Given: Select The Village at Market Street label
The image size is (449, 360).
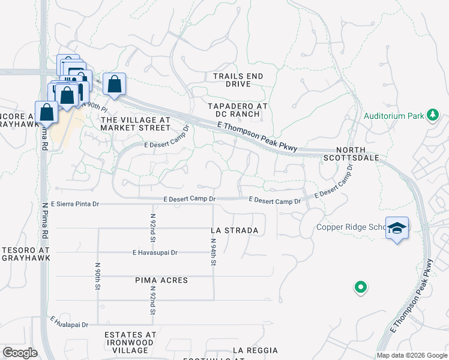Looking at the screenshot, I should coord(135,123).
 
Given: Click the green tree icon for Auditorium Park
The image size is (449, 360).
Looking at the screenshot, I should coord(432,115).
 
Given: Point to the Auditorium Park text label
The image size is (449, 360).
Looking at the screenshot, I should coord(393,115).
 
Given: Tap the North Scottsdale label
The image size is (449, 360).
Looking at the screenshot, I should coord(366,153).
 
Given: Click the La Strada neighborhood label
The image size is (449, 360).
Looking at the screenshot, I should coord(235,230).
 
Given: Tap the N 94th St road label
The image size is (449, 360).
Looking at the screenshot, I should coord(213,253).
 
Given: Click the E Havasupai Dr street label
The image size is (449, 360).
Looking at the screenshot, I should coord(155,253).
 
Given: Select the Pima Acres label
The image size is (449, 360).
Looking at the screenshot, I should coord(161,280).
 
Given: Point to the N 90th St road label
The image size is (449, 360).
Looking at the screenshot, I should coord(97,276).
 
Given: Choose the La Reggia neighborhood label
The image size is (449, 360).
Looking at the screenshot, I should coord(255,350).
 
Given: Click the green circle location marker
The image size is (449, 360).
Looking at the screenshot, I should coord(360,288).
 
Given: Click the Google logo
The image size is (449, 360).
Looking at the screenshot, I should coord(20,353).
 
